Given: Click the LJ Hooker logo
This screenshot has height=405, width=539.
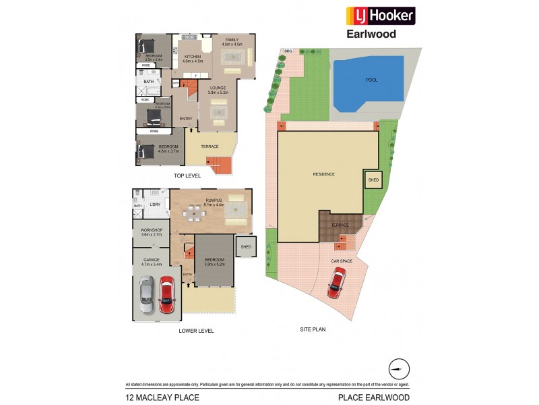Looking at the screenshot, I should [x=380, y=16].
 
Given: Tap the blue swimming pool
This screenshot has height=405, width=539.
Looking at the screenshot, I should [x=368, y=80].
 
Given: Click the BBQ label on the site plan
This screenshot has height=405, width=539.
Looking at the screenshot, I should [x=288, y=51].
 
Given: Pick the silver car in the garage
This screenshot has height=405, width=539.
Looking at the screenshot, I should [x=146, y=295].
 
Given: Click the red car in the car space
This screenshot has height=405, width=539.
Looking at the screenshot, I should [x=336, y=282].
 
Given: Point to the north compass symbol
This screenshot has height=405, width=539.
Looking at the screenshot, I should [x=398, y=369].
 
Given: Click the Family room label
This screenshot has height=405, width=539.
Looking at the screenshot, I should [x=232, y=41].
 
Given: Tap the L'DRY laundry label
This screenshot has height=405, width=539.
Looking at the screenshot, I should [x=154, y=205].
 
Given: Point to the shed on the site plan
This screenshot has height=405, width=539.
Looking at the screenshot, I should [x=373, y=180].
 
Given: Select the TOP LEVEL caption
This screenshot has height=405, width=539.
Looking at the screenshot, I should [x=187, y=175].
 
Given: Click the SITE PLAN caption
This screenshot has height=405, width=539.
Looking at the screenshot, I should [x=313, y=329].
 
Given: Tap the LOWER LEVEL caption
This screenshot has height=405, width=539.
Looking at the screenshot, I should [x=196, y=331].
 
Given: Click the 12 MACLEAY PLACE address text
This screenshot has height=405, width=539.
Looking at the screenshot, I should [x=151, y=398].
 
